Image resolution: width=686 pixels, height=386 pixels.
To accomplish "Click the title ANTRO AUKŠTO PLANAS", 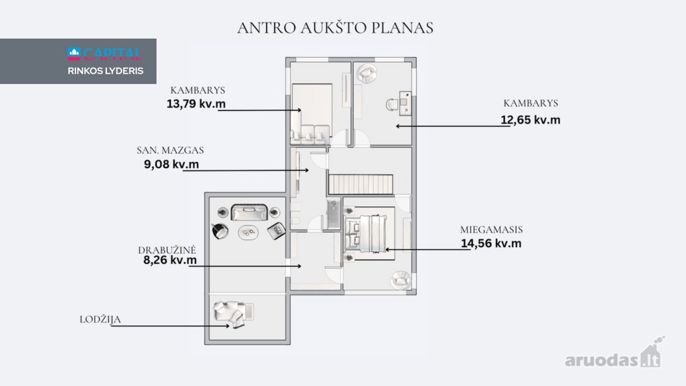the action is pyautogui.click(x=335, y=28).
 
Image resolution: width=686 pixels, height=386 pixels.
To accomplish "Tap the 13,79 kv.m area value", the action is pyautogui.click(x=196, y=104).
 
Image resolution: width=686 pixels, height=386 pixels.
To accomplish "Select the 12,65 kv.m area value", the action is pyautogui.click(x=531, y=120).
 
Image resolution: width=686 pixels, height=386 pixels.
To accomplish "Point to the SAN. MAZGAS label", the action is pyautogui.click(x=170, y=150).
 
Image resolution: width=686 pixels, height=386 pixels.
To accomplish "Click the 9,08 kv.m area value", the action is pyautogui.click(x=171, y=164).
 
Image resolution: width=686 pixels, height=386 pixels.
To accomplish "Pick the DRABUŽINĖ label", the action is pyautogui.click(x=166, y=250).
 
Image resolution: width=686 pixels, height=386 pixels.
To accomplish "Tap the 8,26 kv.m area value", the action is pyautogui.click(x=170, y=260).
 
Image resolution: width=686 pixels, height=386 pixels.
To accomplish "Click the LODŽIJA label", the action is pyautogui.click(x=100, y=320).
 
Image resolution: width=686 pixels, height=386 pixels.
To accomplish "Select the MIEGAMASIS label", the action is pyautogui.click(x=491, y=230).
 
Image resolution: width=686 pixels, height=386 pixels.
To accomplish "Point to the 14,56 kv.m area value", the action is pyautogui.click(x=491, y=244).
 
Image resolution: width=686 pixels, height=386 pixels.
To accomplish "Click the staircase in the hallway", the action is pyautogui.click(x=361, y=184).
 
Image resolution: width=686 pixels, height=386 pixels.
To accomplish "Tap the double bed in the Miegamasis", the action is pyautogui.click(x=366, y=233).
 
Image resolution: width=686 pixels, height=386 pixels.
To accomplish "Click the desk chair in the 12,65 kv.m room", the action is pyautogui.click(x=392, y=105).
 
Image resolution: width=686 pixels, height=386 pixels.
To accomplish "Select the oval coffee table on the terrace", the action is pyautogui.click(x=248, y=233).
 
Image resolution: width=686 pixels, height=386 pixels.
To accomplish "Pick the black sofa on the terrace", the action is pyautogui.click(x=249, y=212).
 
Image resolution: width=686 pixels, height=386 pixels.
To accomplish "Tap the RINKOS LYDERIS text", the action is pyautogui.click(x=106, y=71).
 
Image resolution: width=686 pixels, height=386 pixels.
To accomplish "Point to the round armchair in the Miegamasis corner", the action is pyautogui.click(x=401, y=280).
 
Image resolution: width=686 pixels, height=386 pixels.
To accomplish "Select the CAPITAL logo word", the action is pyautogui.click(x=112, y=54).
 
